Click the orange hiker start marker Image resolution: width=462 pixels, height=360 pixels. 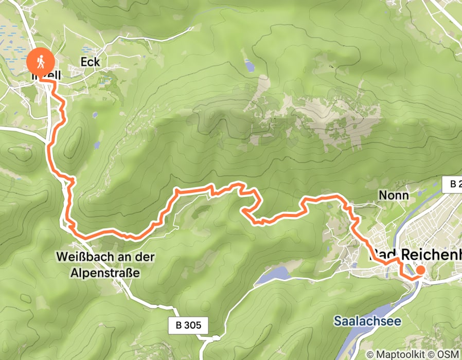click(x=40, y=62)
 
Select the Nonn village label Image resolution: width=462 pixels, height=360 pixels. click(x=393, y=195)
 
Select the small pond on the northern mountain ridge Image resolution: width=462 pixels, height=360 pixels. click(x=250, y=65)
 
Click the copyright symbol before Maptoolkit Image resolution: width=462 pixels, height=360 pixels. click(x=370, y=354)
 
